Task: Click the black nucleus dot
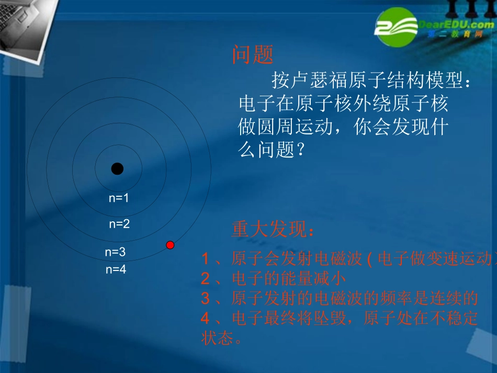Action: (117, 168)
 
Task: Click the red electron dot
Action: (170, 245)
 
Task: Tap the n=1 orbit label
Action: (119, 198)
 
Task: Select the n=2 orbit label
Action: (119, 224)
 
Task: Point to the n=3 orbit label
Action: (115, 252)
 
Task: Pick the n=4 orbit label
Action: (116, 269)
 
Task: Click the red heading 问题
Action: (253, 54)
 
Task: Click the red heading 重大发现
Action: (273, 229)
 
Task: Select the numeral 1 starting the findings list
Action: (206, 258)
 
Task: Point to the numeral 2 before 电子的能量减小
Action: (206, 278)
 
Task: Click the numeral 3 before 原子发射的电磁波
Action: (206, 298)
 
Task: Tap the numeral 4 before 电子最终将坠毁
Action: (206, 318)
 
